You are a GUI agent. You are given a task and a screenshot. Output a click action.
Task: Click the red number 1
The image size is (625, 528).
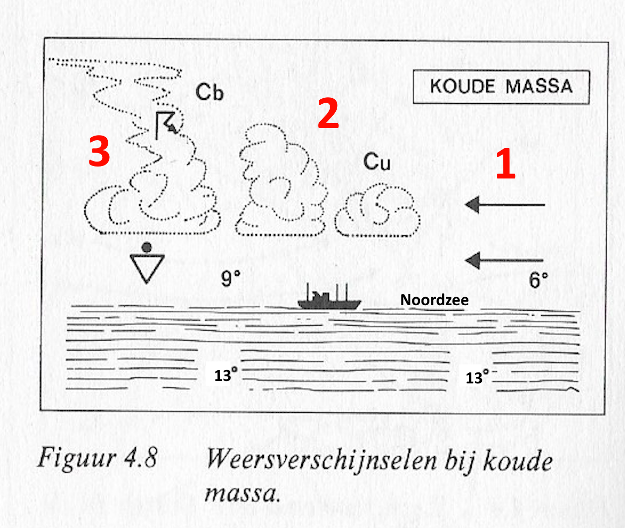coord(506,164)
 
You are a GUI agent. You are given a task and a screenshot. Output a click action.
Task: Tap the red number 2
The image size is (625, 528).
coord(328,113)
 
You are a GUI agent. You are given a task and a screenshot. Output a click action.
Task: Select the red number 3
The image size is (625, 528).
coord(99,151)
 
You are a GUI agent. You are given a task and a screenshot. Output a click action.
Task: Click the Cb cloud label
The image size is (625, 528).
coord(209,92)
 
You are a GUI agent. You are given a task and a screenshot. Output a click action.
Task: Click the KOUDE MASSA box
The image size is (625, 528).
coord(501,87)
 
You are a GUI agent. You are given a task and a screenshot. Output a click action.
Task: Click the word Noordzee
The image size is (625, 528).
coord(434,300)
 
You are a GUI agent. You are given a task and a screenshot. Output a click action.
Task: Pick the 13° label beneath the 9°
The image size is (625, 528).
coord(225,375)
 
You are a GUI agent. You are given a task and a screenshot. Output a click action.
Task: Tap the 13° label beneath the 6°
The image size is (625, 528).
coord(477,377)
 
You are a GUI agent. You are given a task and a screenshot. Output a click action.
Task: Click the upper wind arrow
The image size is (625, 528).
coord(505,205)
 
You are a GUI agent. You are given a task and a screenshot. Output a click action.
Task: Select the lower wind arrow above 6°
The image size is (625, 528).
coord(504,260)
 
